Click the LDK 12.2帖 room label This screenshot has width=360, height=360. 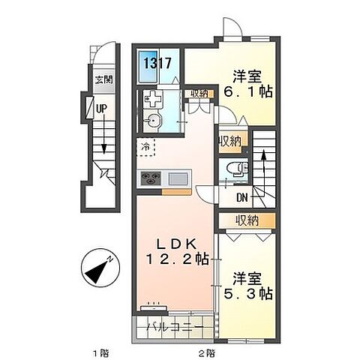pyautogui.click(x=177, y=252)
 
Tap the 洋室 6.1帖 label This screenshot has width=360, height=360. pyautogui.click(x=247, y=84)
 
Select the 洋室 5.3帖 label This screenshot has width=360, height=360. pyautogui.click(x=247, y=286)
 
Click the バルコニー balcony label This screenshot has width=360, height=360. pyautogui.click(x=175, y=326)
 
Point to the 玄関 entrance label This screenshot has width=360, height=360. pyautogui.click(x=104, y=79)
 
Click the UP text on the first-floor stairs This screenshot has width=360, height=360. pyautogui.click(x=101, y=108)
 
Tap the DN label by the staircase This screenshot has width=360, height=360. pyautogui.click(x=242, y=198)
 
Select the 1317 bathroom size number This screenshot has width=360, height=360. pyautogui.click(x=157, y=63)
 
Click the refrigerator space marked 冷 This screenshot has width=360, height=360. pyautogui.click(x=145, y=147)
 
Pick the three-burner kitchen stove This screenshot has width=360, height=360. pyautogui.click(x=151, y=178)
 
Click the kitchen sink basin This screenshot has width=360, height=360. pyautogui.click(x=178, y=178)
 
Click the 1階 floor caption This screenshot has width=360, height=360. pyautogui.click(x=100, y=353)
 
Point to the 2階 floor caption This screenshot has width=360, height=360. pyautogui.click(x=207, y=353)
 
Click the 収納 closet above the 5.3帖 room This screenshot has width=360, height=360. pyautogui.click(x=247, y=220)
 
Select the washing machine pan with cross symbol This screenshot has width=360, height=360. pyautogui.click(x=152, y=100)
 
